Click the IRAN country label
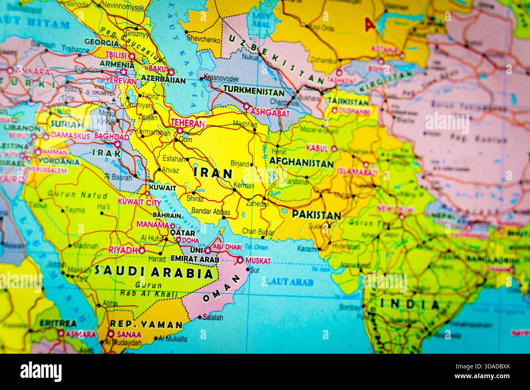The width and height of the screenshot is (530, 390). coord(213,173)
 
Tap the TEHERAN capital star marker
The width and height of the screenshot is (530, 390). coord(180,131)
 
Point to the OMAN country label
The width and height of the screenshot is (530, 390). coord(224,288)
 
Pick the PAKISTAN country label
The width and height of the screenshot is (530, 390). coord(316,215)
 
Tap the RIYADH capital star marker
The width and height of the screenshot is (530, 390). coord(142,250)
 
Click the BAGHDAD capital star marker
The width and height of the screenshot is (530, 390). coord(117,144)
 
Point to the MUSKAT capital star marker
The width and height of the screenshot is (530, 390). coord(239,260)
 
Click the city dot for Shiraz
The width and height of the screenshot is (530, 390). coord(194,193)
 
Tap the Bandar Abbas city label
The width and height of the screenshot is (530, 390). coord(211,212)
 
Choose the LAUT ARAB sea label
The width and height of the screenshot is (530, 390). coord(284,281)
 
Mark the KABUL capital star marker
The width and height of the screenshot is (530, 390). coord(334,148)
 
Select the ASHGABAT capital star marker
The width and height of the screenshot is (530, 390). coord(246,107)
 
